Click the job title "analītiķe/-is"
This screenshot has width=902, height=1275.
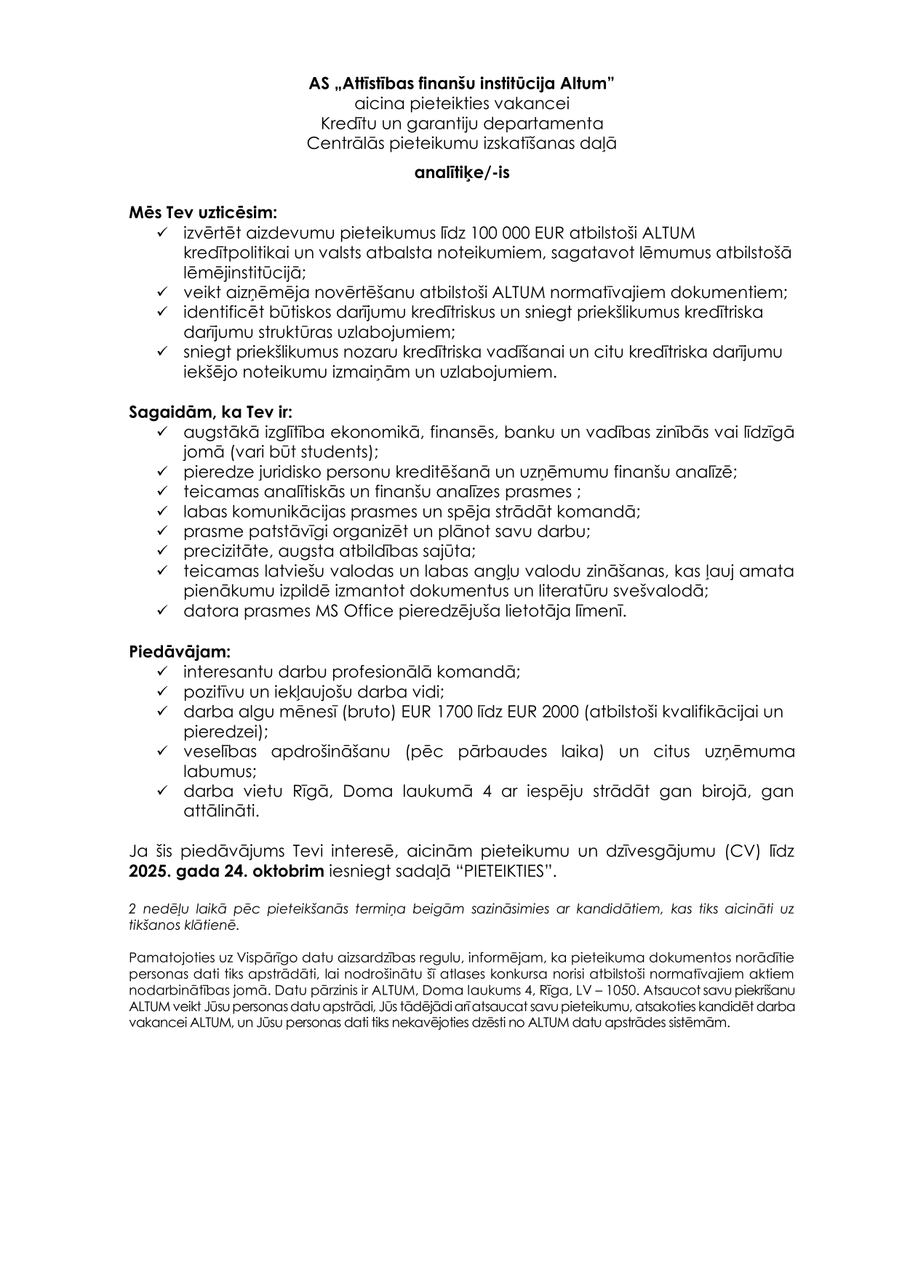[451, 174]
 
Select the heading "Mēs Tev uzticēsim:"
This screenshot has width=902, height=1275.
[203, 213]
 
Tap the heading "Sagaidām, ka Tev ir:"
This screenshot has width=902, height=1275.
[211, 412]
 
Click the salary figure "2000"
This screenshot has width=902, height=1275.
[559, 712]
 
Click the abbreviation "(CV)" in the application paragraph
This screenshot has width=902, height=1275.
[745, 851]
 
